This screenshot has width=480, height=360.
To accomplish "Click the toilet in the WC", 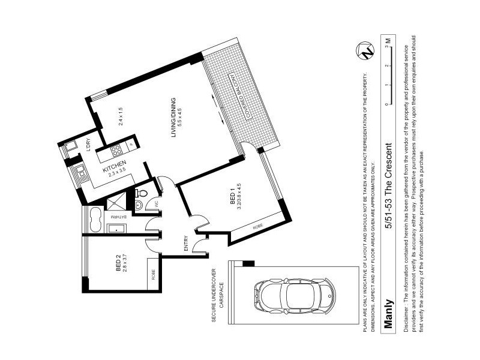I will tap(142, 193).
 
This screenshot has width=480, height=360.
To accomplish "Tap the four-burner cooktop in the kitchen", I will tap(116, 149).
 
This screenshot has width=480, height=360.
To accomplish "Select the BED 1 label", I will tap(235, 199).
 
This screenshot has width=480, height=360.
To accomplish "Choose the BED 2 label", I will tap(121, 264).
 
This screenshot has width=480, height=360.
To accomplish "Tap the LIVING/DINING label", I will tap(175, 118).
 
